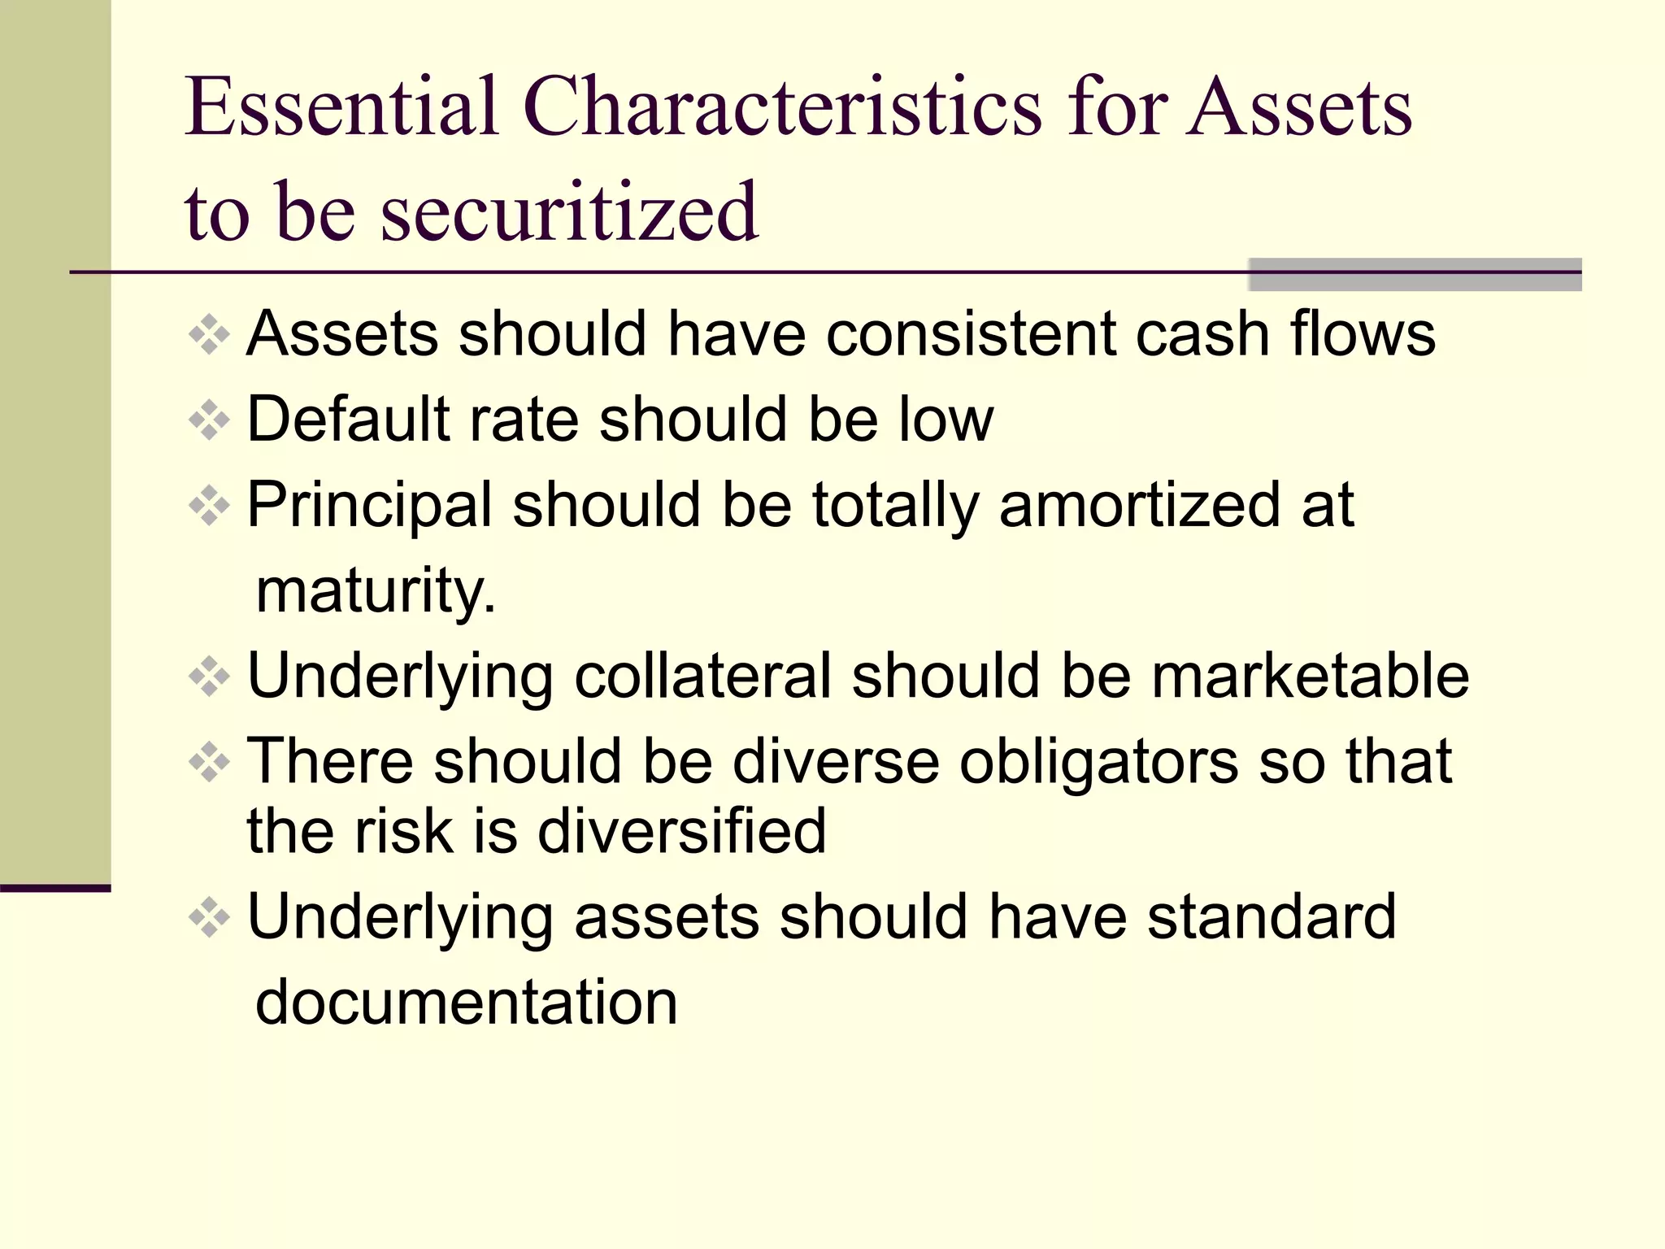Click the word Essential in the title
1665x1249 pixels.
coord(341,107)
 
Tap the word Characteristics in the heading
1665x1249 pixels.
coord(781,107)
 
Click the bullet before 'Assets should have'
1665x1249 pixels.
coord(209,334)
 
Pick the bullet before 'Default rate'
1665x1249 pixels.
coord(209,420)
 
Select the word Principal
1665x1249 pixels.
coord(370,506)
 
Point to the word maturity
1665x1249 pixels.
coord(374,592)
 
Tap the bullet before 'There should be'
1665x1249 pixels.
coord(209,762)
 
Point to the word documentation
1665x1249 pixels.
coord(467,1002)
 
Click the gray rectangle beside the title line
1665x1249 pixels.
coord(1415,275)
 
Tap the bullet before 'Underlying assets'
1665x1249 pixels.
coord(209,917)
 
